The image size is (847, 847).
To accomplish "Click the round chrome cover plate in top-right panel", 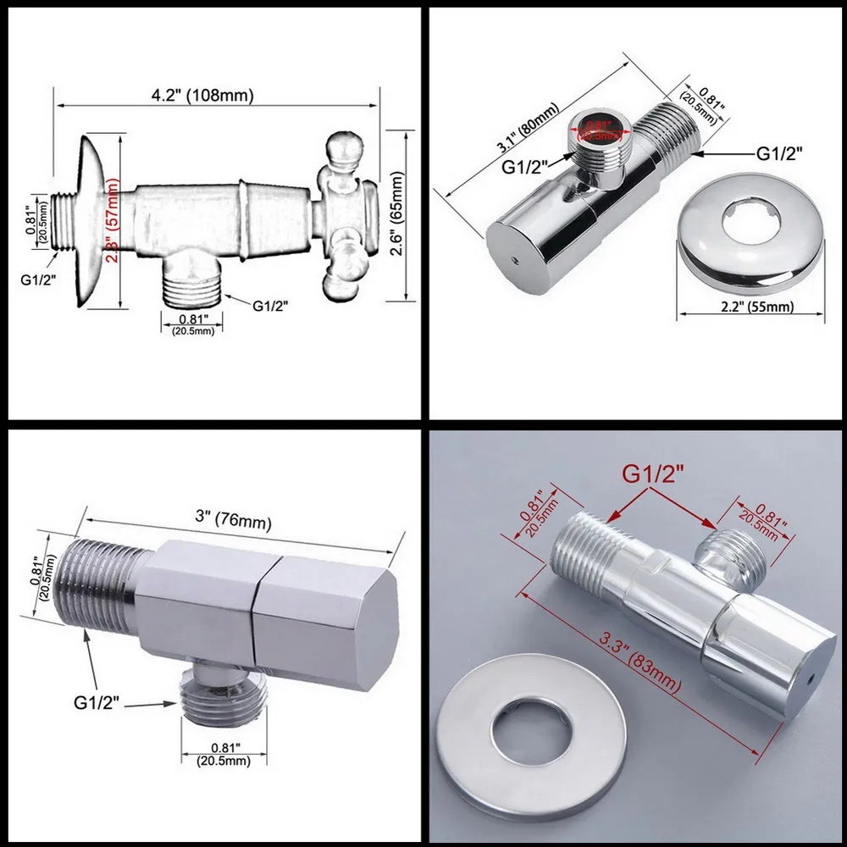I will pos(745,237).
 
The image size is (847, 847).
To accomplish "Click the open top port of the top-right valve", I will pos(601,129).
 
